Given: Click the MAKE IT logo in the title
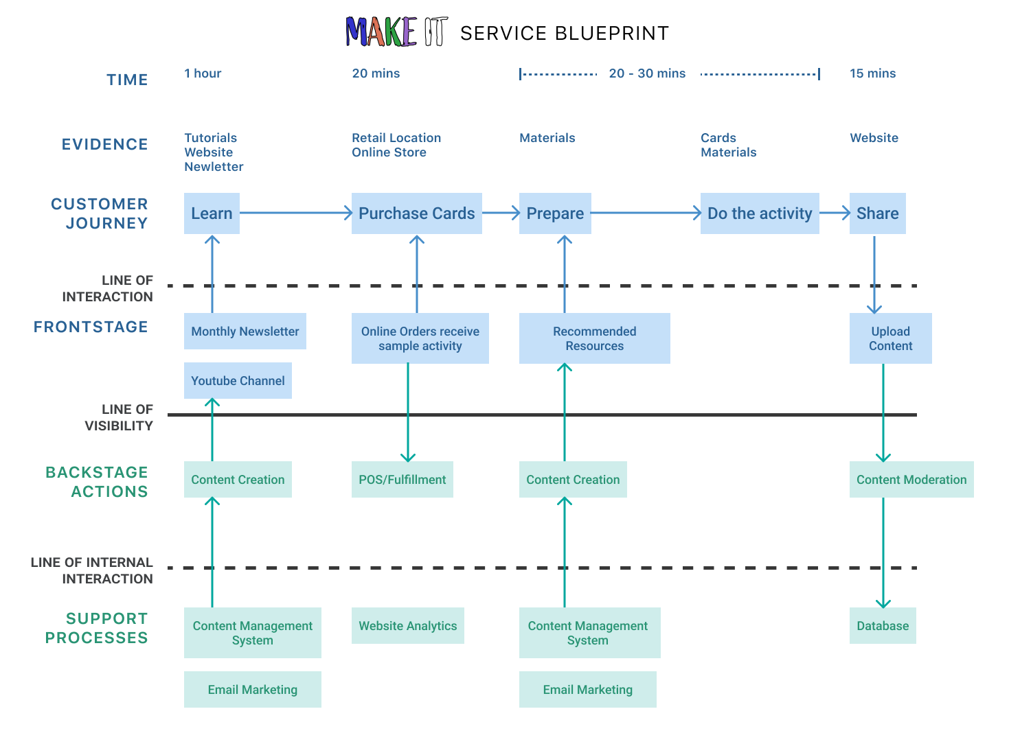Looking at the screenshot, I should coord(396,32).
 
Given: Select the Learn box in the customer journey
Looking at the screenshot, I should coord(212,213).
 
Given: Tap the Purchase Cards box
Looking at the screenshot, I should coord(416,213).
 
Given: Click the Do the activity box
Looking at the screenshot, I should coord(760,213).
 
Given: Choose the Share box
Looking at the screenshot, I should coord(877,213).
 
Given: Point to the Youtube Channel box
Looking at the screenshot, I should coord(238,381).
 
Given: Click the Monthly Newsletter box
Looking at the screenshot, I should coord(245,332).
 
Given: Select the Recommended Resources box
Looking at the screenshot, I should coord(594,338).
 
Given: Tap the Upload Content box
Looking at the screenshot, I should coord(890,338).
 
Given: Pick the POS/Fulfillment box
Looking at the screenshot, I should coord(402,480).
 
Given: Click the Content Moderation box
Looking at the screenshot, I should coord(911,480).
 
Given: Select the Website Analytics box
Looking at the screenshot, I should coord(407,626).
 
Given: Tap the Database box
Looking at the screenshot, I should coord(882,626).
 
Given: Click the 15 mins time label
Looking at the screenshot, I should coord(872,73).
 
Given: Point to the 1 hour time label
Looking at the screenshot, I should coord(203,73).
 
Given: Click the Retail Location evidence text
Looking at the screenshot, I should coord(396,138).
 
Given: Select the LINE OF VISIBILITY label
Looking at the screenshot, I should coord(119,417).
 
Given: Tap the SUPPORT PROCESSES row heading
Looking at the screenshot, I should coord(97,628).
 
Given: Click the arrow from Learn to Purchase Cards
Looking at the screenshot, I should coord(295,213).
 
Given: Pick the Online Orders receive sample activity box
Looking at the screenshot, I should coord(420,338).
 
